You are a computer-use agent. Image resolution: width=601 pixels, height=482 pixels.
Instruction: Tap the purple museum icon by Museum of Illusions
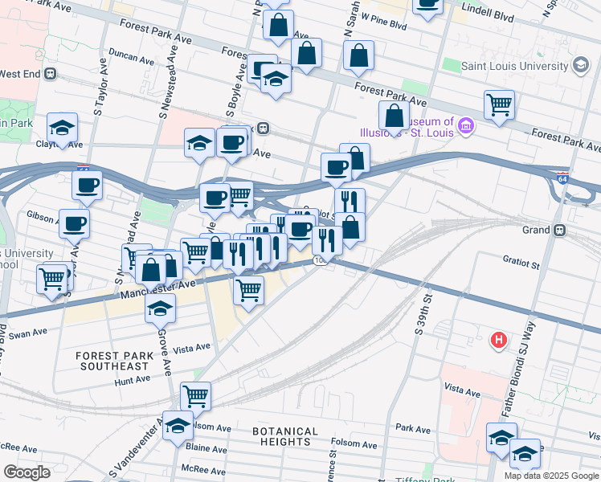point(465,125)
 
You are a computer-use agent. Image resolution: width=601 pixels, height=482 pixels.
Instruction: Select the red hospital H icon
point(499,341)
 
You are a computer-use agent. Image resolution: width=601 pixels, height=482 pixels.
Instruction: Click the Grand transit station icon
point(561,230)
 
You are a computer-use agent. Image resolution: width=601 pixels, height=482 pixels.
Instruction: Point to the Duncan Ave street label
point(132,59)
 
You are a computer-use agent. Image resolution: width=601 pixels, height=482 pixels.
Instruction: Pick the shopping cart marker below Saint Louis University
point(499,104)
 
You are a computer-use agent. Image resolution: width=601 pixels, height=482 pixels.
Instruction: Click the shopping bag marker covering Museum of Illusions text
point(395,116)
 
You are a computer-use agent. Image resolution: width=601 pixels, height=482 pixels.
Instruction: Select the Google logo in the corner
point(27,472)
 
